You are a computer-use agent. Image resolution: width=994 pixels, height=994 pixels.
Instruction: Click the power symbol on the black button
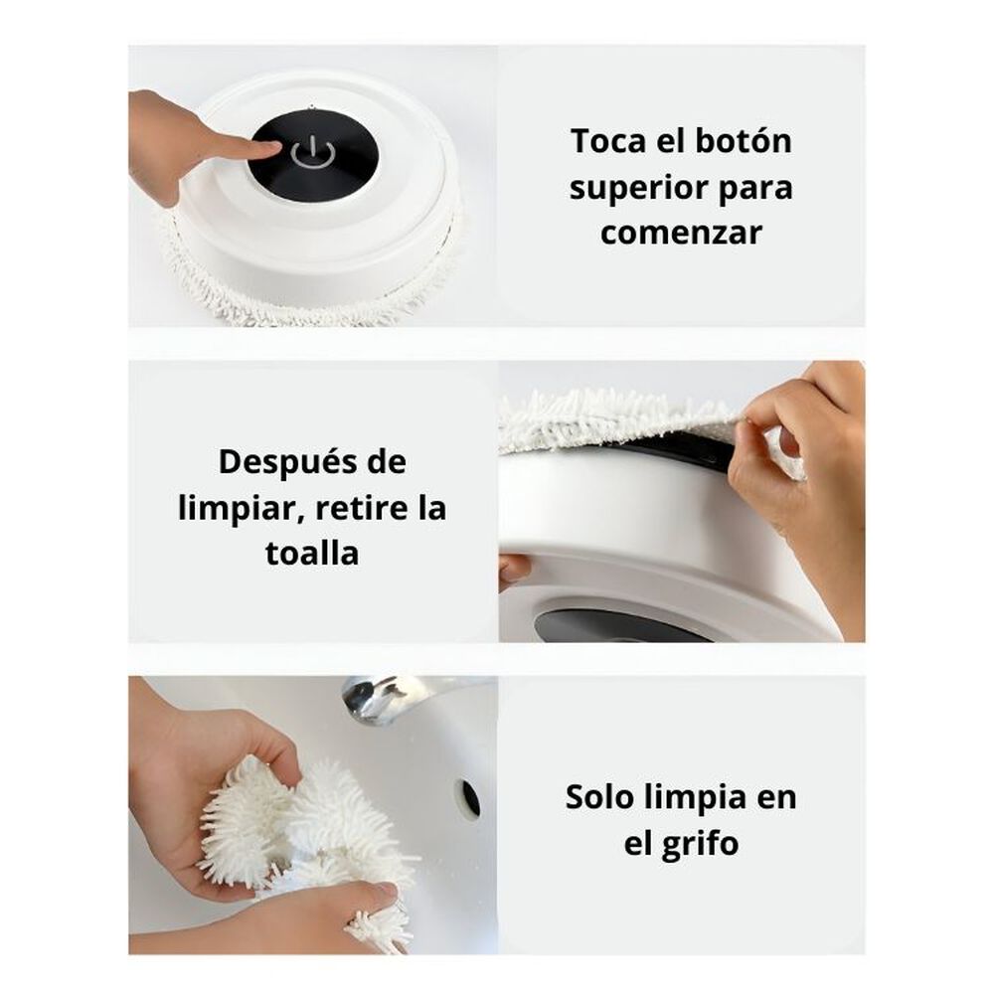(312, 154)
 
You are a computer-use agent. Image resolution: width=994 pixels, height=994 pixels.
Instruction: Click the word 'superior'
(638, 188)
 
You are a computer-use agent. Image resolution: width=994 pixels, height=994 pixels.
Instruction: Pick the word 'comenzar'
(681, 233)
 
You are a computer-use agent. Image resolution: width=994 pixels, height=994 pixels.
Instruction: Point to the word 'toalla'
(312, 554)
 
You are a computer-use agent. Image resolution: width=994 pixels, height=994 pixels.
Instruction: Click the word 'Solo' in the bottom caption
(599, 797)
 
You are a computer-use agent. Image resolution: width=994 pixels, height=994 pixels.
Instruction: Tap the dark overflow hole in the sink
(470, 797)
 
